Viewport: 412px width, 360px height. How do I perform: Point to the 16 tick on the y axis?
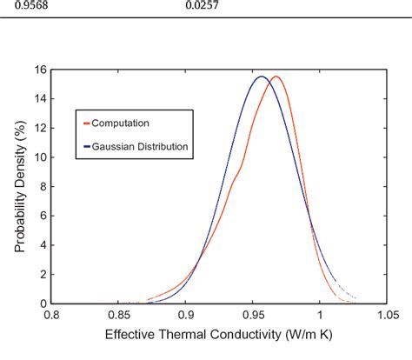pyautogui.click(x=40, y=69)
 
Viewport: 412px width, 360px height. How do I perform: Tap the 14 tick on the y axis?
pyautogui.click(x=40, y=98)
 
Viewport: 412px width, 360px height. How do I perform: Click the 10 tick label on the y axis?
pyautogui.click(x=40, y=157)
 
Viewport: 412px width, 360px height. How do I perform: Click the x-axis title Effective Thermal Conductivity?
pyautogui.click(x=218, y=334)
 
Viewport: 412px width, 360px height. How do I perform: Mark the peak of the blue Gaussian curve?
pyautogui.click(x=261, y=77)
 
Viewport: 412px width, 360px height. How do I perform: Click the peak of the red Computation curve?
pyautogui.click(x=275, y=77)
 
